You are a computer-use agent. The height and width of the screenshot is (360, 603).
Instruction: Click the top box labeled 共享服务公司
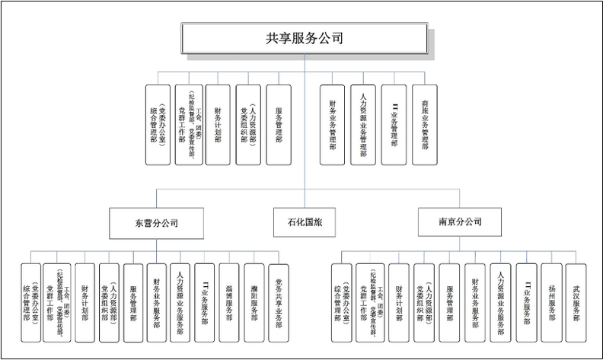(x=304, y=38)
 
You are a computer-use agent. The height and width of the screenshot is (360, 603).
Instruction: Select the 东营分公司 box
(x=156, y=223)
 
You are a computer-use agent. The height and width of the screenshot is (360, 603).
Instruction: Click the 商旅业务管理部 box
(x=424, y=124)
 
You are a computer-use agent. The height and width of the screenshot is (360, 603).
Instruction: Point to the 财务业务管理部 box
(x=332, y=124)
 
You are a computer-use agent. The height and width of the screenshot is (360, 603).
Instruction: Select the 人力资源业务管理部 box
(x=362, y=124)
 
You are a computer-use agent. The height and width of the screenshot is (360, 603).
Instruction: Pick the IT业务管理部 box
(x=394, y=124)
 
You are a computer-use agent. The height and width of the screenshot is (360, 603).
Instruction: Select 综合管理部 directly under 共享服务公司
(x=158, y=124)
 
